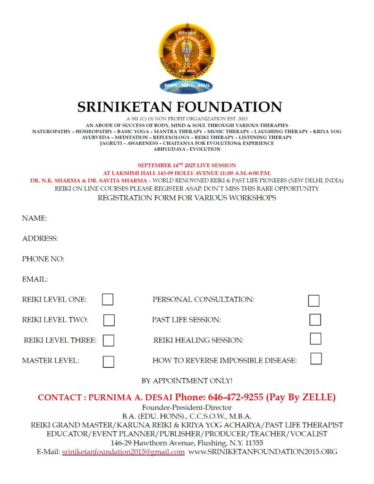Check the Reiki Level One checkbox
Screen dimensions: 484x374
pyautogui.click(x=108, y=300)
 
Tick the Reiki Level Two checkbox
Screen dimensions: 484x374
pyautogui.click(x=109, y=320)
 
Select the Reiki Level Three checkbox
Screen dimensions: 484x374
pyautogui.click(x=109, y=340)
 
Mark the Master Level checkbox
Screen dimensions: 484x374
pyautogui.click(x=109, y=362)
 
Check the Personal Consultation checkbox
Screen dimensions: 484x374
pyautogui.click(x=314, y=301)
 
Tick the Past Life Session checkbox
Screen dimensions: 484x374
pyautogui.click(x=315, y=320)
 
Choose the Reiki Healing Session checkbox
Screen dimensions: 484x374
pyautogui.click(x=315, y=339)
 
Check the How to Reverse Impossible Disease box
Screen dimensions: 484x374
pyautogui.click(x=316, y=359)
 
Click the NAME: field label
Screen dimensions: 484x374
pyautogui.click(x=34, y=218)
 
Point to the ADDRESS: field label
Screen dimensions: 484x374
pyautogui.click(x=40, y=239)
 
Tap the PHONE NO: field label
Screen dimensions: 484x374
pyautogui.click(x=43, y=259)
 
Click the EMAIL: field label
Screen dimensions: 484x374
pyautogui.click(x=35, y=279)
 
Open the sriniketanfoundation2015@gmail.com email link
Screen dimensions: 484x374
pyautogui.click(x=123, y=452)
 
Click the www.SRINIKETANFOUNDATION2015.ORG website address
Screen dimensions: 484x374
pyautogui.click(x=263, y=452)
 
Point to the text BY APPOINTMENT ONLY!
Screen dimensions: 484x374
pyautogui.click(x=187, y=381)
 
